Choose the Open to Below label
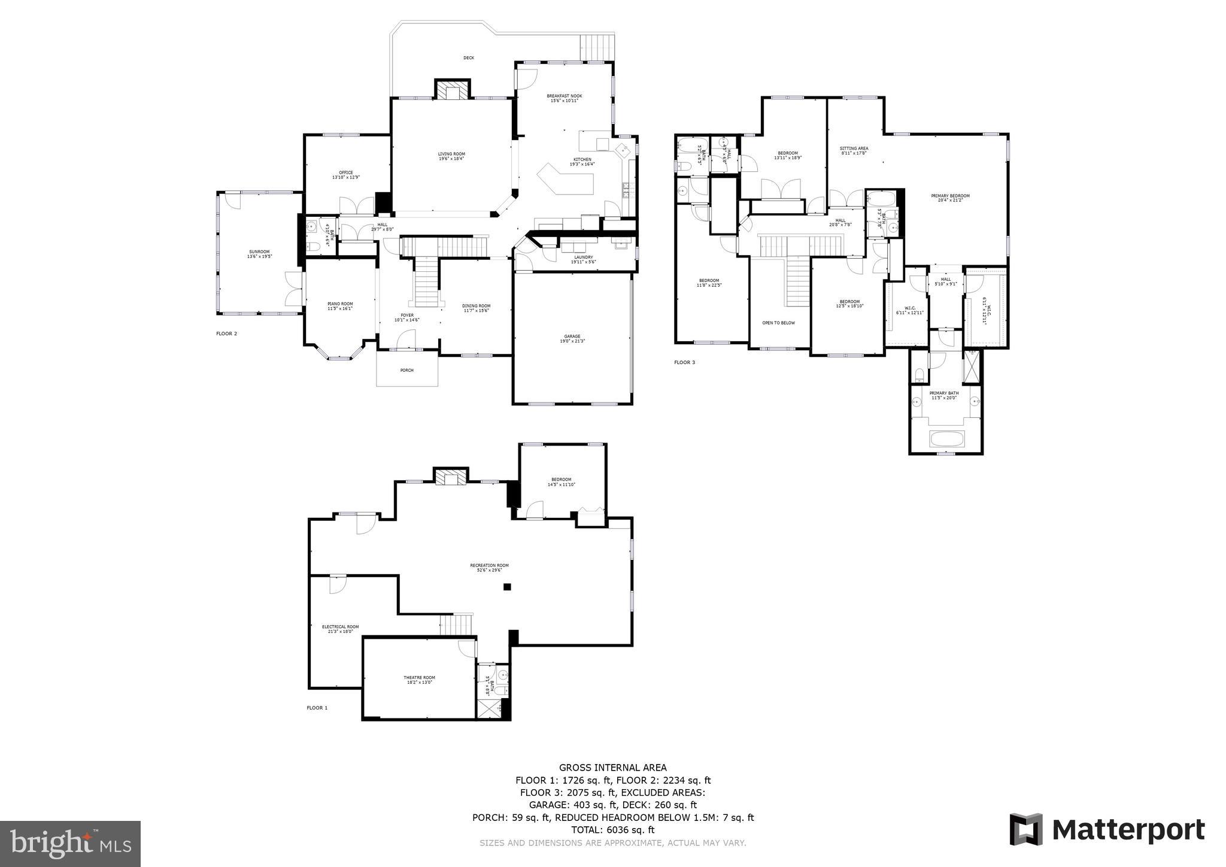[778, 323]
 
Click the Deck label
[469, 58]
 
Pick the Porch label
[407, 370]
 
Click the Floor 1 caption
[317, 708]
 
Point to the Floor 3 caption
[685, 362]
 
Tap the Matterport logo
[1107, 830]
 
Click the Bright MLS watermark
[70, 844]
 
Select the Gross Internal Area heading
[612, 768]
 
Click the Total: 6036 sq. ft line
[612, 830]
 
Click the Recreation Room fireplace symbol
[450, 477]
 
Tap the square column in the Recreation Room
[507, 587]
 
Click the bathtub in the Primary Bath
[946, 439]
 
